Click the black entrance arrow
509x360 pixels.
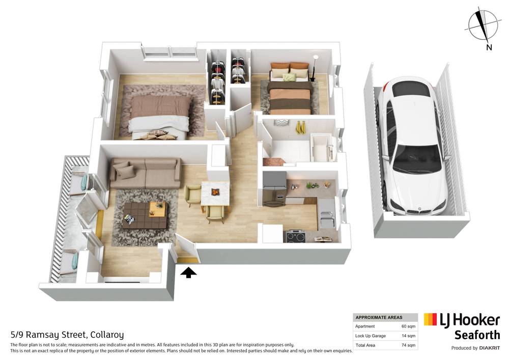[188, 273]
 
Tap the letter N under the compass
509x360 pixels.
[489, 47]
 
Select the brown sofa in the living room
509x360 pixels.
[146, 173]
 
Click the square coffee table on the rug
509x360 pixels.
[145, 214]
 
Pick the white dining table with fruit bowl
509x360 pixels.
[215, 193]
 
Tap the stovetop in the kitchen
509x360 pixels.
[296, 236]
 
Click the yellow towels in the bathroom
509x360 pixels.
[301, 127]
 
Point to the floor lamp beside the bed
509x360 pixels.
[314, 69]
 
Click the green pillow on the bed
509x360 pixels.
[289, 77]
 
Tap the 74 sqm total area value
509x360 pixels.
[408, 345]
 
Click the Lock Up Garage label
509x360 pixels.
[371, 336]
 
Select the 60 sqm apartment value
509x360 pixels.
[408, 326]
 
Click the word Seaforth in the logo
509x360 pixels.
[477, 335]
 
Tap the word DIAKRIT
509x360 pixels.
[490, 348]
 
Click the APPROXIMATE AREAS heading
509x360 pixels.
[379, 317]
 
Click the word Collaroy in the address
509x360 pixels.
[107, 335]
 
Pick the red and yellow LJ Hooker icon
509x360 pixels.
[430, 319]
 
